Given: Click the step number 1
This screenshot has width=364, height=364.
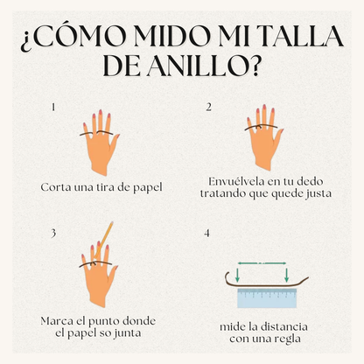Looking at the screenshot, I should point(53,108).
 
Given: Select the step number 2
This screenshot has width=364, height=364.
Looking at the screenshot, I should point(208,108).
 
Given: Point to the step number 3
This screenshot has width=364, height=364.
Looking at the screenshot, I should point(53,234).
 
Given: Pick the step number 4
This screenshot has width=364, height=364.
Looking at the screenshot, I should point(207,234).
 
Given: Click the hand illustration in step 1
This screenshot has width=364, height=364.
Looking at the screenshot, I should point(100,142).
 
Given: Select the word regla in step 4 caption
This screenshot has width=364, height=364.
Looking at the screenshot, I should point(287,339).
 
